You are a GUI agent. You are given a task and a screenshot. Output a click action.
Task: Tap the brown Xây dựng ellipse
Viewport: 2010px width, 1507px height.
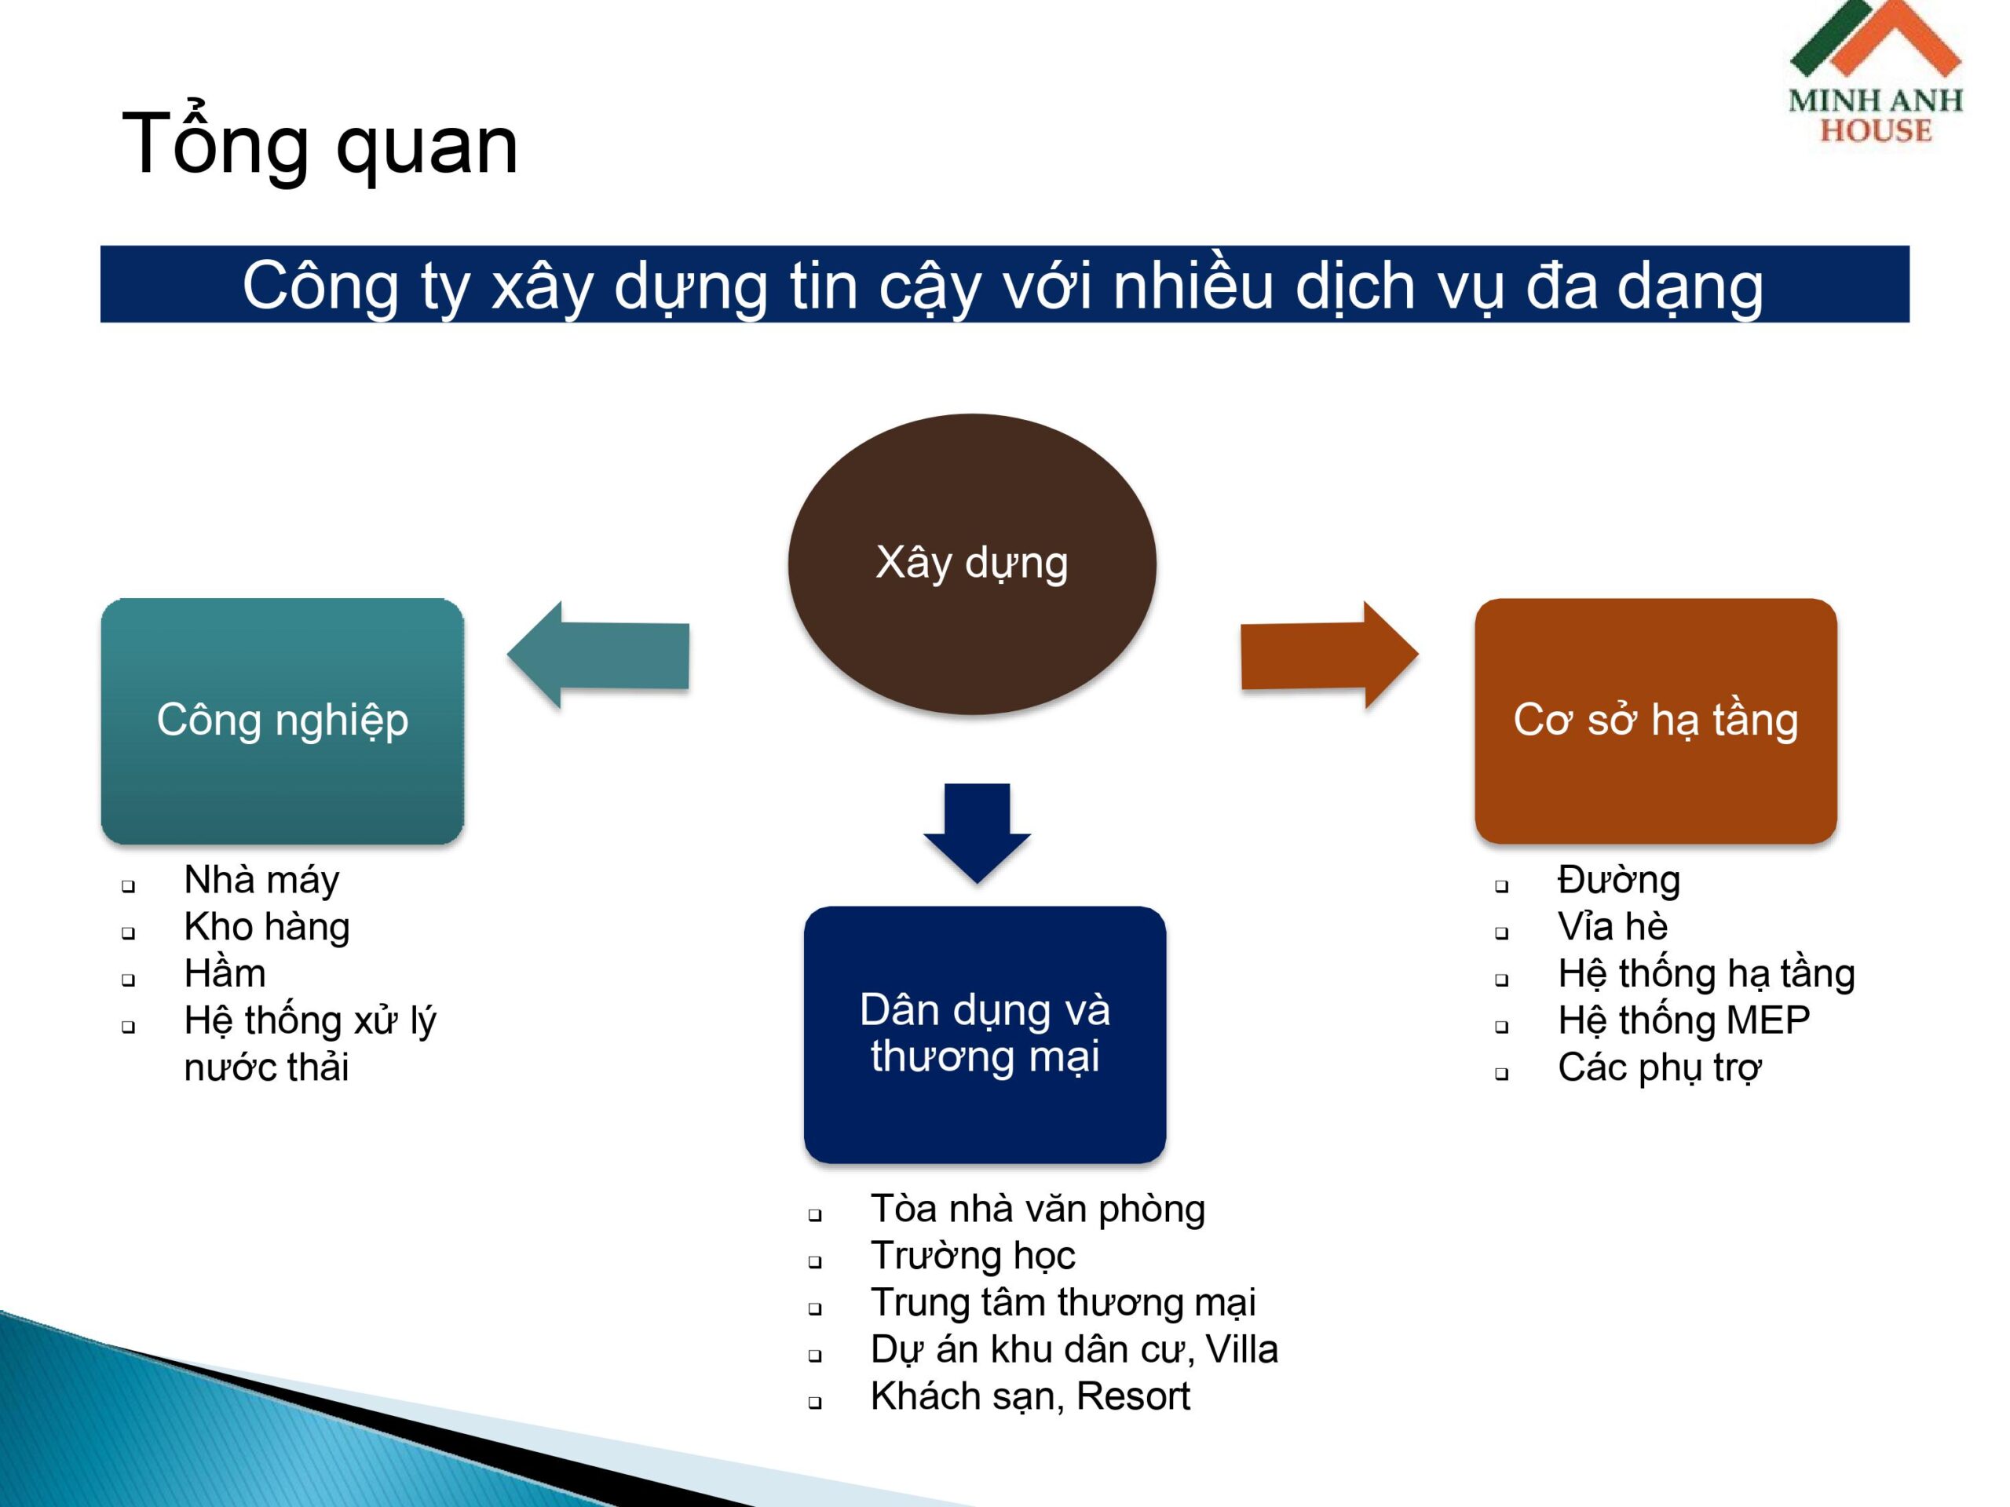pos(971,564)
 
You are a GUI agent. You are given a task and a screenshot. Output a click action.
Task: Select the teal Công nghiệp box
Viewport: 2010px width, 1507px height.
pos(283,721)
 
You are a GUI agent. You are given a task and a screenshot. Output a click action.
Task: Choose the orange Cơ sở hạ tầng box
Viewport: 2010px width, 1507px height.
pos(1656,721)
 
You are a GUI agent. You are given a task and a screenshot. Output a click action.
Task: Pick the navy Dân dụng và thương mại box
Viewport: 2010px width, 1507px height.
pos(985,1034)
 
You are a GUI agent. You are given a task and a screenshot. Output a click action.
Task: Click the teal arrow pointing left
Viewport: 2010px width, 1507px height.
pos(598,655)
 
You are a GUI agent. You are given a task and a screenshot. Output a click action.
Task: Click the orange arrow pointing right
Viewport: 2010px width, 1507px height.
pos(1329,655)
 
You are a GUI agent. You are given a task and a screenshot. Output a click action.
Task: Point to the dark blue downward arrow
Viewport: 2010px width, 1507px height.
pos(977,833)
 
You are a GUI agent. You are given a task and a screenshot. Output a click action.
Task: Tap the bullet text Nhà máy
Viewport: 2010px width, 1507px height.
pos(261,880)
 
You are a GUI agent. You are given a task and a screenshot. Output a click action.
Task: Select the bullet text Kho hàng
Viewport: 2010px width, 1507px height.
pos(267,926)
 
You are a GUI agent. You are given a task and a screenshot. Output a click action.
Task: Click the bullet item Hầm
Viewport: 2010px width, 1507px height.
pos(225,972)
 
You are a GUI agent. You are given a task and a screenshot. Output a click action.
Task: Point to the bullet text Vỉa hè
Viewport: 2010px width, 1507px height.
pos(1613,926)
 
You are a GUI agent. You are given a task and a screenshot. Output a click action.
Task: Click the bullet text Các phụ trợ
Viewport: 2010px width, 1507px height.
pos(1659,1068)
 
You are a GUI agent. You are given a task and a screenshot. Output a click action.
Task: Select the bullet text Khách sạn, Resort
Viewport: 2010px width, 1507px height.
pos(1030,1396)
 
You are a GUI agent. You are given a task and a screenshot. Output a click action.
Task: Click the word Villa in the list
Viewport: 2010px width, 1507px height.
pos(1241,1349)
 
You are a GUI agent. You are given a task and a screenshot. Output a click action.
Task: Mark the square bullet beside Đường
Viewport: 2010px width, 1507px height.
pos(1501,885)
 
